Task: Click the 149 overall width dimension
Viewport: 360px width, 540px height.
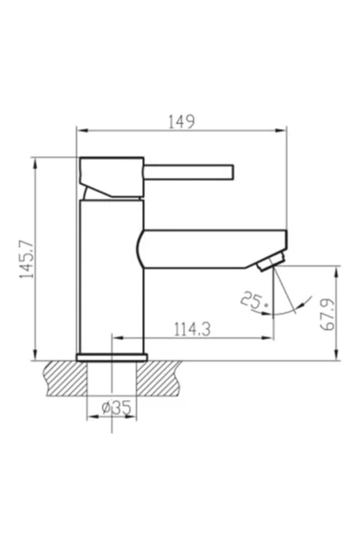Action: tap(183, 120)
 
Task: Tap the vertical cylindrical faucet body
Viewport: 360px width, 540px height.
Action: tap(111, 274)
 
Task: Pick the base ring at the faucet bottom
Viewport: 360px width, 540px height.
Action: tap(111, 357)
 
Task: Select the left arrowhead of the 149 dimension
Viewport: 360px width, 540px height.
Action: tap(79, 131)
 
